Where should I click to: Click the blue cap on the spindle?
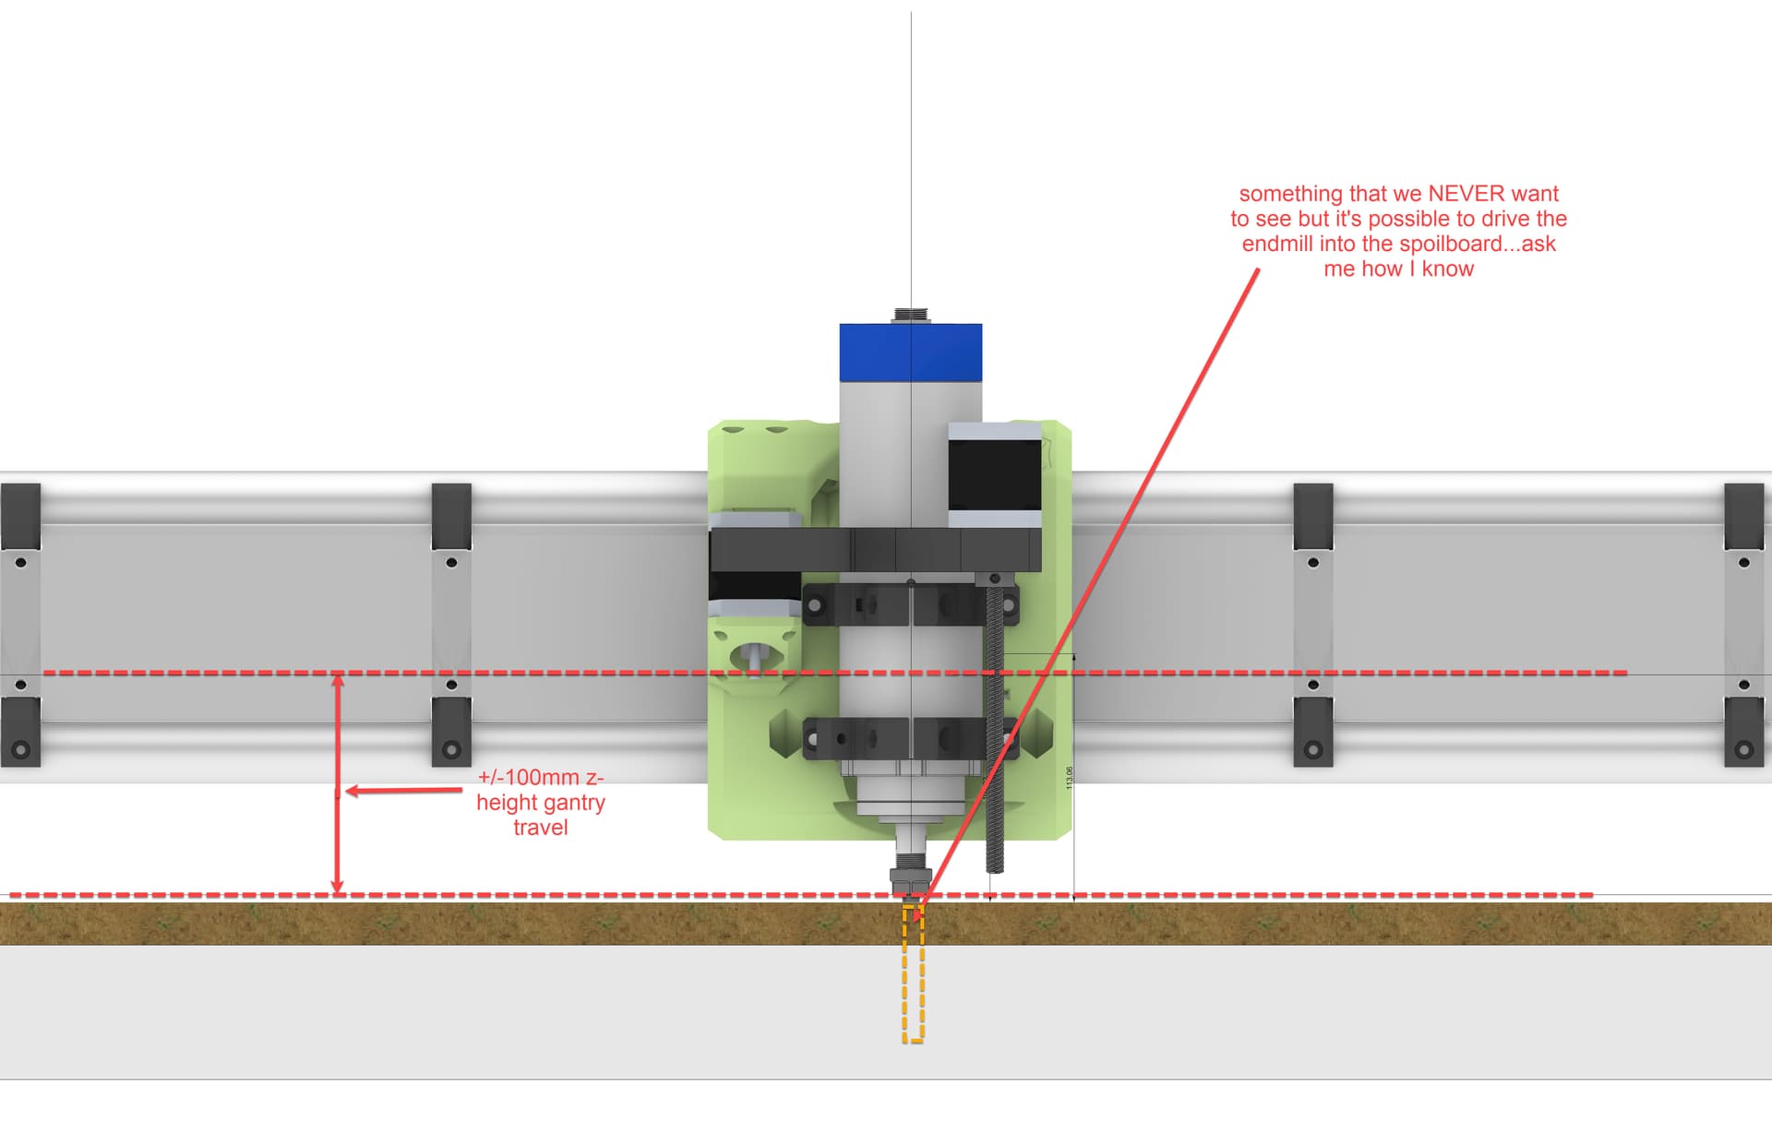[910, 352]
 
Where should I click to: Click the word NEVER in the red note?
[1467, 194]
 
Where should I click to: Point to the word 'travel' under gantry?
[541, 828]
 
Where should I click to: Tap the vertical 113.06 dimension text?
[1070, 778]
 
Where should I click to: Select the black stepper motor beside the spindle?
[995, 474]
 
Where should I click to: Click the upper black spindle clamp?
[909, 604]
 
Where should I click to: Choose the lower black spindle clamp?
[909, 738]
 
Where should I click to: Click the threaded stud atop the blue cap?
[910, 316]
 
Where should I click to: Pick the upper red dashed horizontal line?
[554, 673]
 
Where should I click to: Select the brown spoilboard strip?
[461, 924]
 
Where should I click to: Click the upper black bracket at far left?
[20, 516]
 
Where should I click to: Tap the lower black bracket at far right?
[1743, 732]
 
